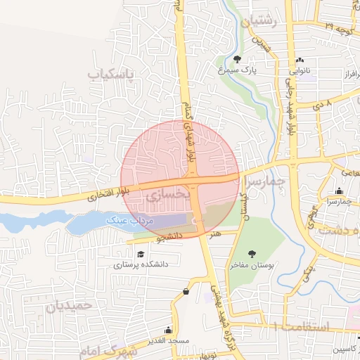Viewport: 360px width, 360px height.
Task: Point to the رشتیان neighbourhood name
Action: click(259, 22)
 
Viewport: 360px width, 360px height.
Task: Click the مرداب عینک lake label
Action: click(129, 221)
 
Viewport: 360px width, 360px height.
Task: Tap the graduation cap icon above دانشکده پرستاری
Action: click(140, 254)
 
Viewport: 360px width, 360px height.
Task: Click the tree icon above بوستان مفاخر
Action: click(251, 254)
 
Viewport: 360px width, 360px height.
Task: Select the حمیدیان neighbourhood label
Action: click(69, 307)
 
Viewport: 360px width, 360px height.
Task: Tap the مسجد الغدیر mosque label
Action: click(170, 340)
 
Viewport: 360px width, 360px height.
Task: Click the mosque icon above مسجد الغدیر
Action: click(168, 330)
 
